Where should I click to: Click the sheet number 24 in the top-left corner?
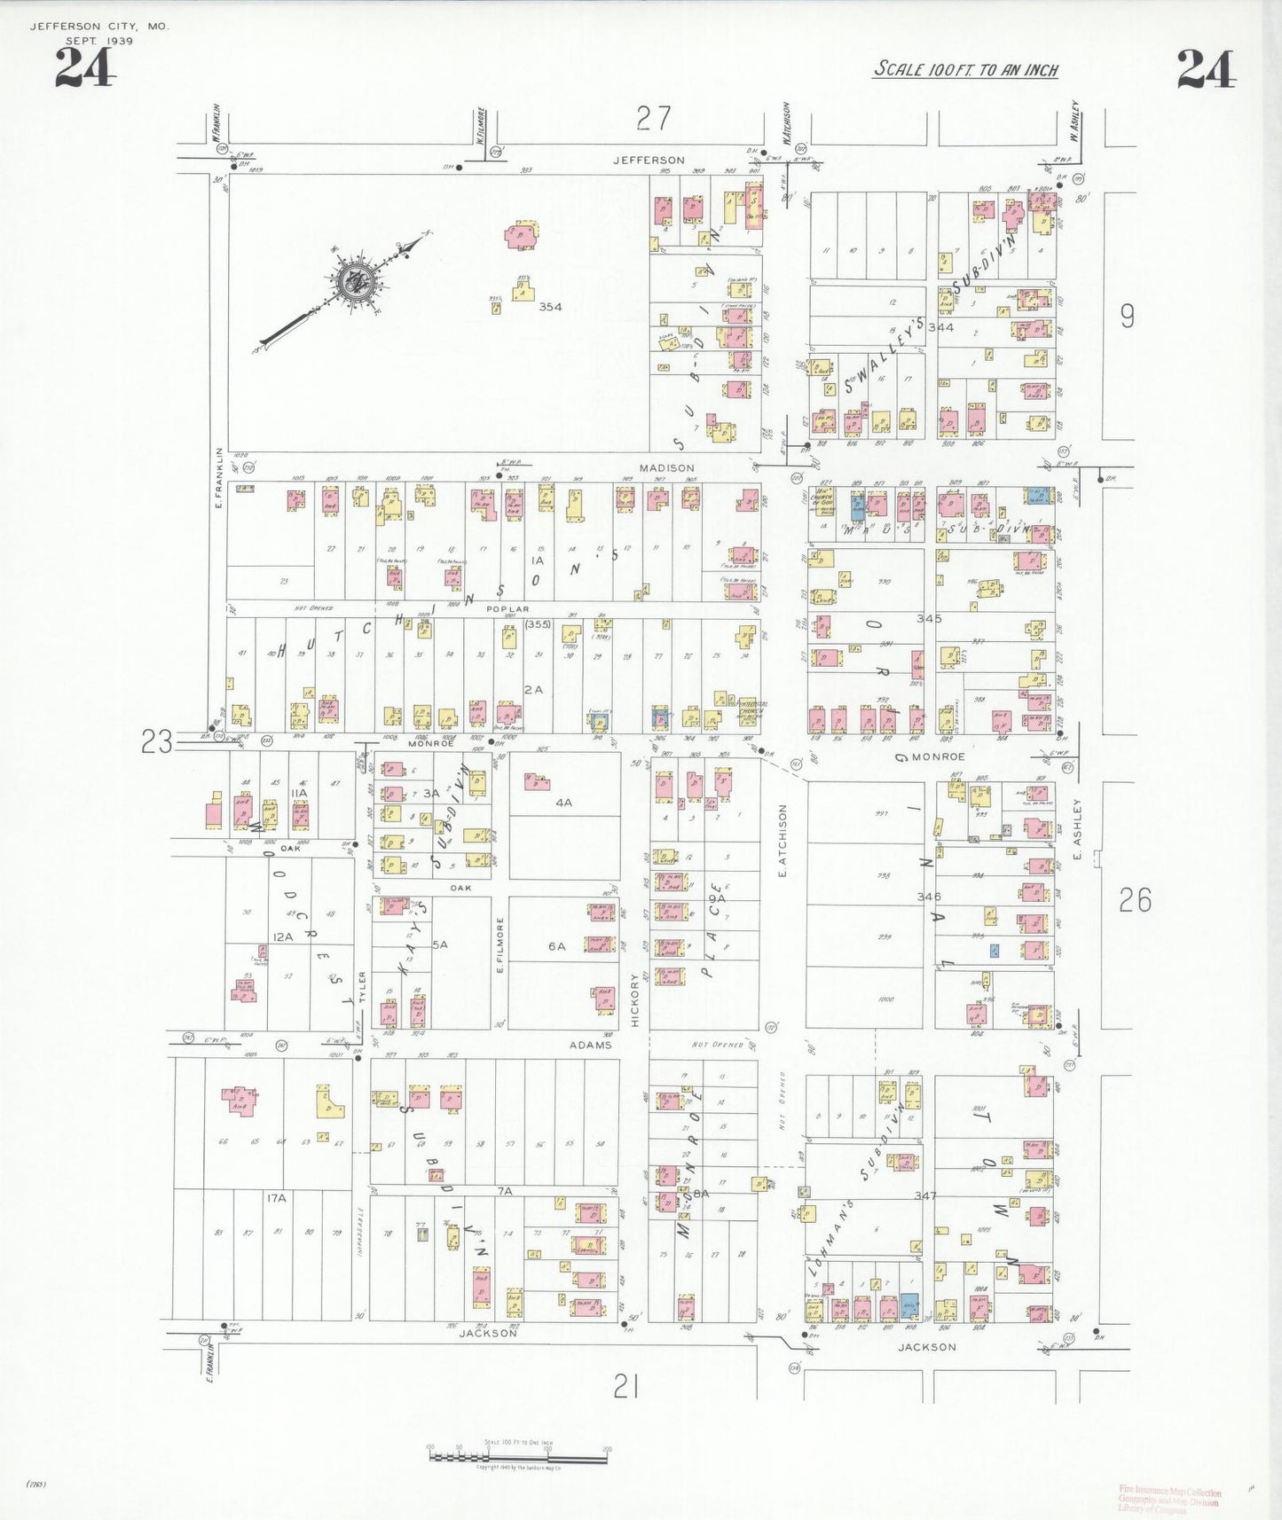tap(84, 68)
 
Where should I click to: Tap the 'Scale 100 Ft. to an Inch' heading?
tap(965, 69)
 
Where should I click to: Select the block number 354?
tap(550, 307)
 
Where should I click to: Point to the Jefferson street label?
tap(649, 160)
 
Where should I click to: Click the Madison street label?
tap(667, 467)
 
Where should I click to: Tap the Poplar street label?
tap(507, 609)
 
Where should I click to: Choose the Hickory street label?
tap(634, 1000)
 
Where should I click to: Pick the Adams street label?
tap(590, 1045)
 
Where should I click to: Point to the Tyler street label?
tap(362, 987)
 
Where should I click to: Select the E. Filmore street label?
tap(500, 945)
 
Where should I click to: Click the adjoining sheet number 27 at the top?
tap(654, 118)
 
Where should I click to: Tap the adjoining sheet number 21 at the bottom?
tap(626, 1386)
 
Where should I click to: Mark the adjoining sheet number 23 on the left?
tap(157, 741)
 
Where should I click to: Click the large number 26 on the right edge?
tap(1135, 900)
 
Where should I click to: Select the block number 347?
tap(925, 1195)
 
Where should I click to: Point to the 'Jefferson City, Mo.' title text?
tap(99, 27)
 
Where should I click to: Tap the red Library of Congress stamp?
tap(1169, 1500)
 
